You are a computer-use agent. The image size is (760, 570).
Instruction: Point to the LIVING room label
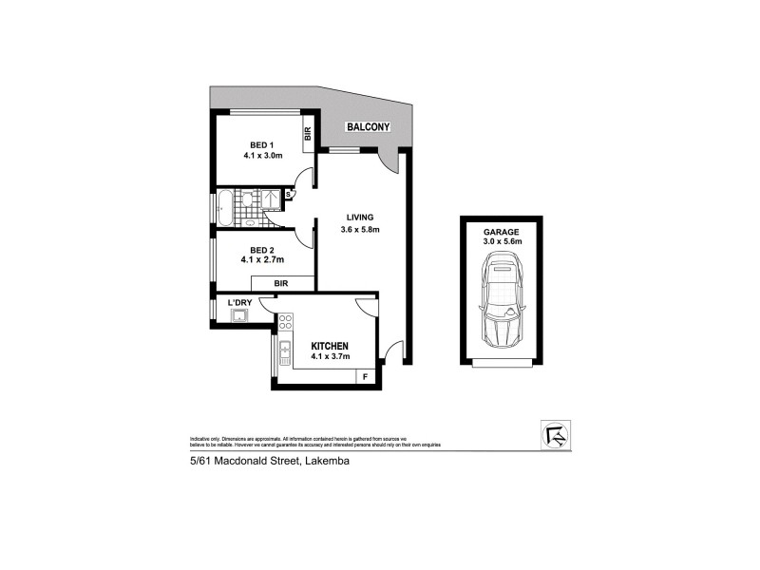pos(359,214)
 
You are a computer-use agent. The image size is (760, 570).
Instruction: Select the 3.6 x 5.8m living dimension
pos(359,229)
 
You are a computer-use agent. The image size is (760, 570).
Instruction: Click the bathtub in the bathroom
pos(225,208)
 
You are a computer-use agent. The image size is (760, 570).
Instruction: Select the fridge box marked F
pos(366,376)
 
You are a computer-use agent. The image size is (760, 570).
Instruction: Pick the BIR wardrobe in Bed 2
pos(282,283)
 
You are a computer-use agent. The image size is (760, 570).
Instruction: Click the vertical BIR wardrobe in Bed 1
pos(308,134)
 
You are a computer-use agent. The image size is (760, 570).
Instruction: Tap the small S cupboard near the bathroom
pos(289,196)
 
